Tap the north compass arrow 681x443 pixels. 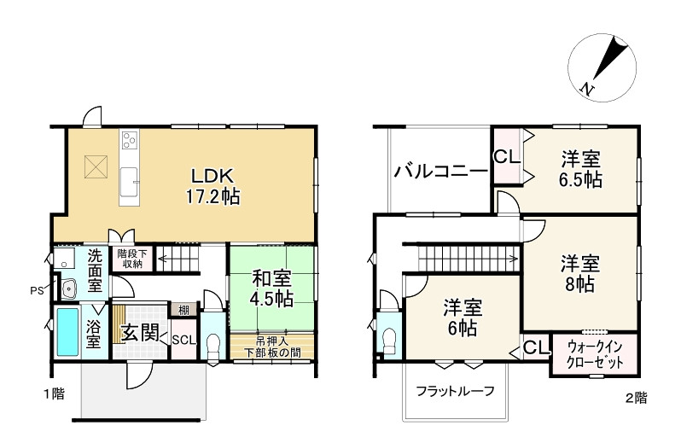tap(604, 65)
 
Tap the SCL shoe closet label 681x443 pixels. tap(184, 339)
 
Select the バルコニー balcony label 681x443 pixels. tap(440, 172)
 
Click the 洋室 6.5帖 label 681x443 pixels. tap(581, 169)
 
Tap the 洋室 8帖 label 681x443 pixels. tap(581, 272)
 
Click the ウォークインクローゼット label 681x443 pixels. tap(595, 355)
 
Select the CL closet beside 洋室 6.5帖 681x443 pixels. tap(505, 157)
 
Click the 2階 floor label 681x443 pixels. tap(636, 397)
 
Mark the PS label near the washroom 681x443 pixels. tap(38, 289)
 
